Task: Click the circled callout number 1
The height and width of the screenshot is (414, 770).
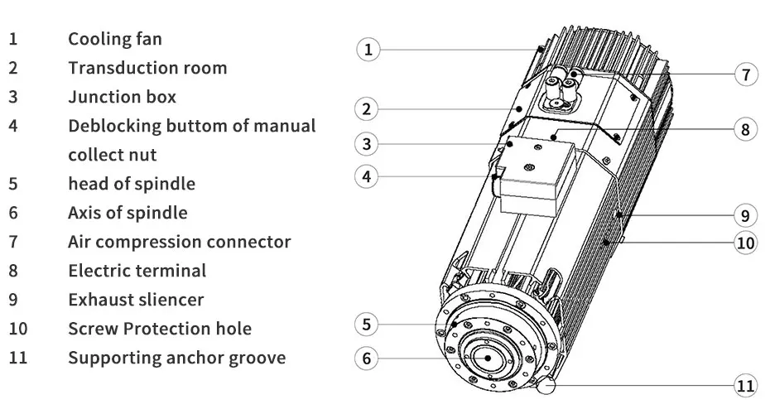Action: click(x=368, y=49)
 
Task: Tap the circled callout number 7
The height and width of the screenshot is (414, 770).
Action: click(x=746, y=75)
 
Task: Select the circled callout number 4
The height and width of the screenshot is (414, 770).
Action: click(x=368, y=176)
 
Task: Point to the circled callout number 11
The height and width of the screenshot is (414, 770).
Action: click(x=746, y=385)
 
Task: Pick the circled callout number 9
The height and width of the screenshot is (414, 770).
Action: click(x=746, y=215)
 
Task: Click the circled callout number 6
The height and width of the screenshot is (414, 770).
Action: click(x=368, y=359)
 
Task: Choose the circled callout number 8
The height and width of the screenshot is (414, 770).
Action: click(x=746, y=129)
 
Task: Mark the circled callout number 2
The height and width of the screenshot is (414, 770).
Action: click(x=368, y=108)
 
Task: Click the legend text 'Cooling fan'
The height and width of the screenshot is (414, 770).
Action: click(x=115, y=39)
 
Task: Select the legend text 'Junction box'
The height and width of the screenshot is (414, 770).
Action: click(x=122, y=97)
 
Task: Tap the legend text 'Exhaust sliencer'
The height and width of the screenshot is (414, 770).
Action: click(x=136, y=300)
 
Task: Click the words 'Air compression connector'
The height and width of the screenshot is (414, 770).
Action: click(x=179, y=242)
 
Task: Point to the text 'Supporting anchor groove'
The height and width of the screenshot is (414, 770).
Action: click(x=176, y=358)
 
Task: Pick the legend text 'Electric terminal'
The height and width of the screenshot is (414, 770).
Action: click(x=137, y=271)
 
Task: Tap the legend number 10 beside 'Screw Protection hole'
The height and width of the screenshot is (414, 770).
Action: click(x=18, y=329)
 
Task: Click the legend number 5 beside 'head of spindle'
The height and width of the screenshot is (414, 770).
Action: click(x=13, y=184)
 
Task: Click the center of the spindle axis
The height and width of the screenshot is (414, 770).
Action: click(x=488, y=357)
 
